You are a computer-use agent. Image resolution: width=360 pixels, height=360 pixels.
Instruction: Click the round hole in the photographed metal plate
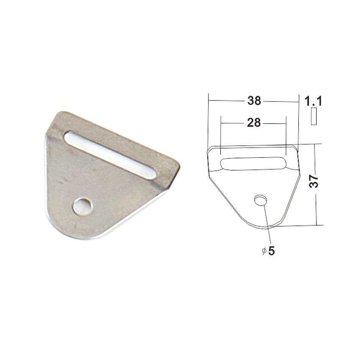83,206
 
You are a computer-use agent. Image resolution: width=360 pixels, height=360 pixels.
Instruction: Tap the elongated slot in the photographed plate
110,155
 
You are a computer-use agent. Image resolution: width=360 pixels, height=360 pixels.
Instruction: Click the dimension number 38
254,101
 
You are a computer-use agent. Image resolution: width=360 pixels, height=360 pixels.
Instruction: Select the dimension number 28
254,123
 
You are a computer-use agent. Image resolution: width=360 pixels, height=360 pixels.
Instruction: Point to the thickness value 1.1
313,101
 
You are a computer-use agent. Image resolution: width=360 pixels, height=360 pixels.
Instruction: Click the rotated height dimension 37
314,181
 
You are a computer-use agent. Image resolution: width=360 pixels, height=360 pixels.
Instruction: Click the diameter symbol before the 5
264,252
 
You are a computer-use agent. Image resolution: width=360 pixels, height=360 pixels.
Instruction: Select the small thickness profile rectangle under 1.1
313,116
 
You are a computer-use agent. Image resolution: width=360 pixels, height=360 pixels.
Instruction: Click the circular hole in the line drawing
261,200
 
